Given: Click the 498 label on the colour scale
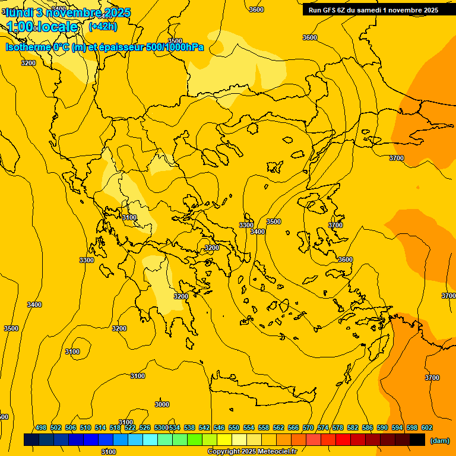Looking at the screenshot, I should click(x=41, y=427).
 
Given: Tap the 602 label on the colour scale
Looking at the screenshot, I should click(x=427, y=427).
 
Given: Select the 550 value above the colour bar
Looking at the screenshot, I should click(x=234, y=427).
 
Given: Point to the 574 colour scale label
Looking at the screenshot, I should click(x=323, y=427).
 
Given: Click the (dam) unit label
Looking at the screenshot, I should click(x=439, y=440).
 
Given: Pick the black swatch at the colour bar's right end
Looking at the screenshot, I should click(x=417, y=439).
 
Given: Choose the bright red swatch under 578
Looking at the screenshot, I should click(x=343, y=439).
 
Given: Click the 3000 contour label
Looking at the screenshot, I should click(x=161, y=404).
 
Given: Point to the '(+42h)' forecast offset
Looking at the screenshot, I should click(x=103, y=27).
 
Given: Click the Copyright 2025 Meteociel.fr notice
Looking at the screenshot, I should click(x=260, y=451).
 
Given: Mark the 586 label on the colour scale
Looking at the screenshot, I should click(x=368, y=427).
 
